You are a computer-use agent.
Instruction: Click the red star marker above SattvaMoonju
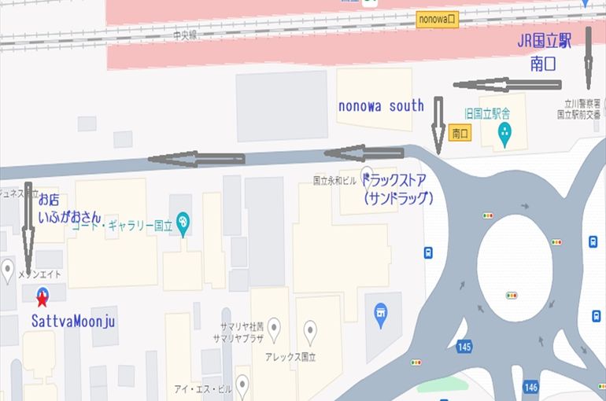[x=42, y=296]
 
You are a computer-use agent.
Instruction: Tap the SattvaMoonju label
[x=74, y=321]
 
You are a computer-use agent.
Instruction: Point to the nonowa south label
[x=381, y=105]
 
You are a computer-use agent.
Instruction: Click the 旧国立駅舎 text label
[x=488, y=112]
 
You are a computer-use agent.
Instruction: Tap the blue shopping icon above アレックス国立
[x=381, y=315]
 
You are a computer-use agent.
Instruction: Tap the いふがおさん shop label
[x=69, y=213]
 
